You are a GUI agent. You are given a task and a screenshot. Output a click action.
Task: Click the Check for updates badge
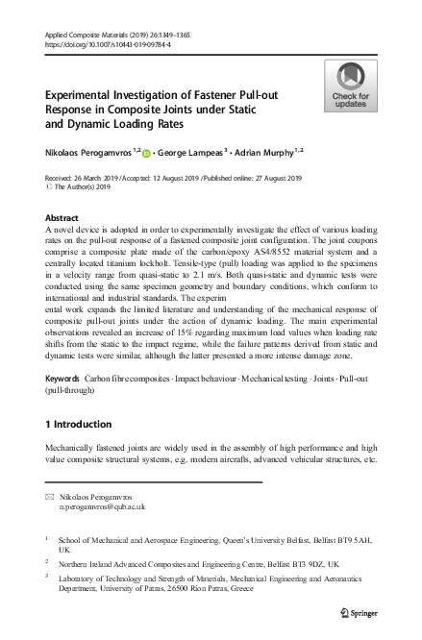click(349, 86)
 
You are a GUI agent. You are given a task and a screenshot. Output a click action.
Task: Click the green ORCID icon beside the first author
click(148, 152)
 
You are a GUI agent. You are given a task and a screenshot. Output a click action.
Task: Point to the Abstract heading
click(62, 219)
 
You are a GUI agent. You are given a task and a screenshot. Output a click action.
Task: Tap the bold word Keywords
click(63, 381)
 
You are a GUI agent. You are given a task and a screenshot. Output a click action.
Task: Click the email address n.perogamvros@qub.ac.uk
click(102, 505)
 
